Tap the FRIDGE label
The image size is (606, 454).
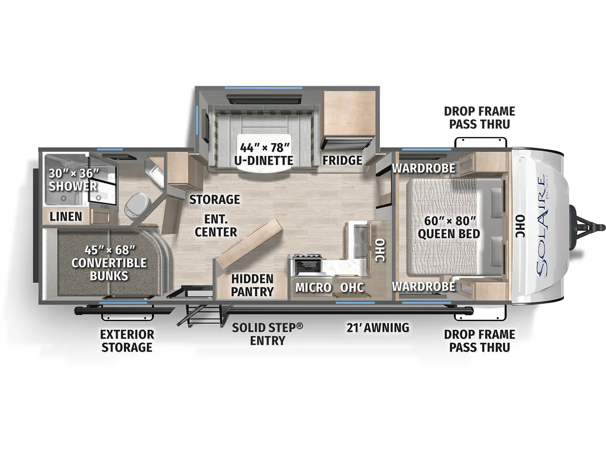[343, 160]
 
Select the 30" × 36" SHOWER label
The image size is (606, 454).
[73, 180]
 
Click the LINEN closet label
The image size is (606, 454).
[66, 216]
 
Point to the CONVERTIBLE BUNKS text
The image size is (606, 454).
[109, 269]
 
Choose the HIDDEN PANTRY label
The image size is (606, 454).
[252, 285]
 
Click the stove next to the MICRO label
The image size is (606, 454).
[308, 265]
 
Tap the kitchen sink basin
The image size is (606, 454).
[359, 241]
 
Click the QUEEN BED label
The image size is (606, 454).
[449, 234]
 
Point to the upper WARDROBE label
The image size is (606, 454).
[424, 168]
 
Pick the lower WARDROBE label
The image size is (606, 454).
[424, 286]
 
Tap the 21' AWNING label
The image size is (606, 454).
[378, 327]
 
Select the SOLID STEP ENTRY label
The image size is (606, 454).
[267, 334]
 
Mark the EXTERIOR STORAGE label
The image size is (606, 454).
[127, 340]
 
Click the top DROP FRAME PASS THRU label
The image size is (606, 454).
[479, 118]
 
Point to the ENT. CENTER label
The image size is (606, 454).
[215, 225]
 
